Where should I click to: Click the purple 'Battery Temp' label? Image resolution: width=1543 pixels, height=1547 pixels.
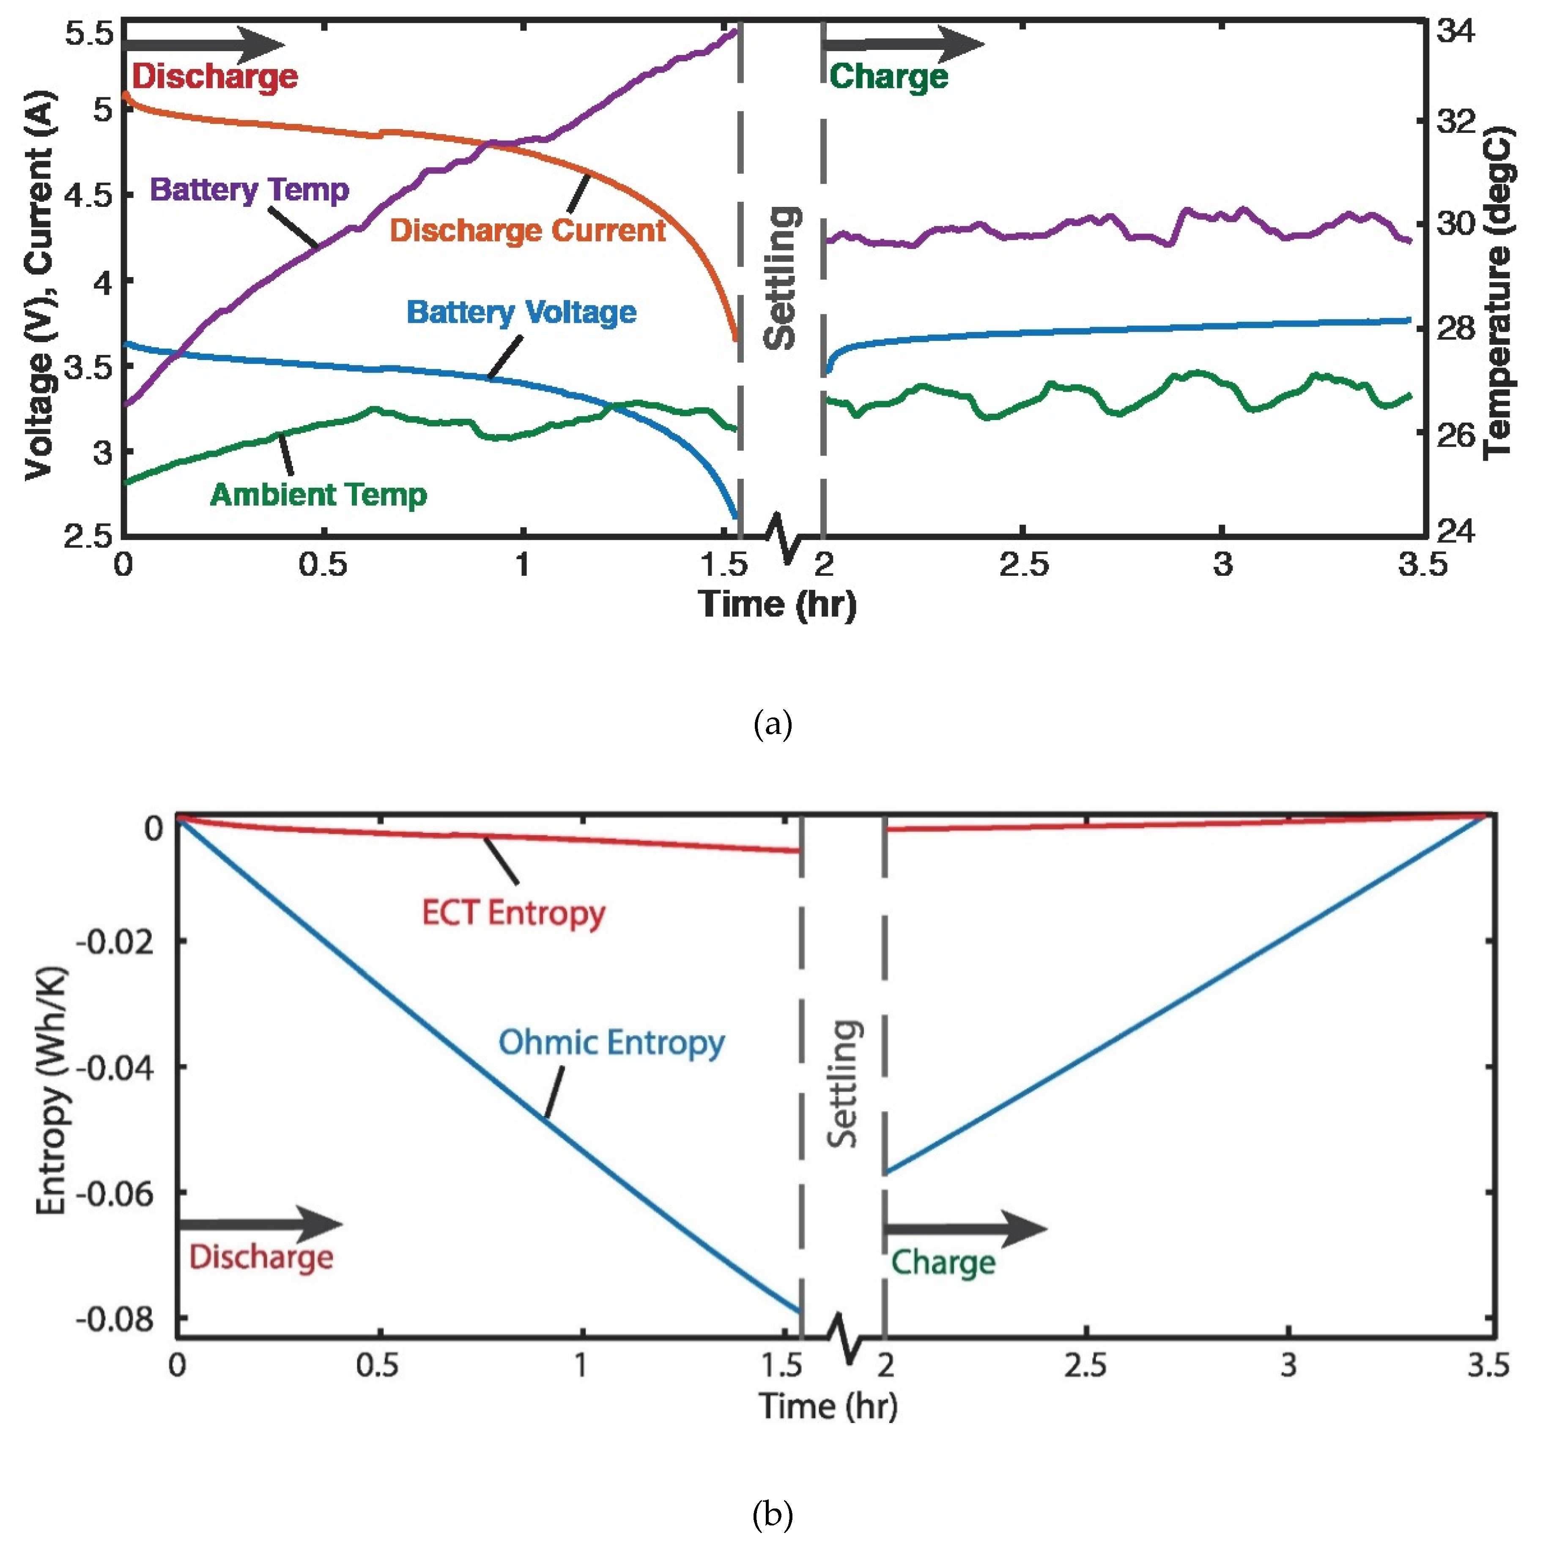250,190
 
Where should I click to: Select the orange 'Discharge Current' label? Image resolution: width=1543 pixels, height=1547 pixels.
527,231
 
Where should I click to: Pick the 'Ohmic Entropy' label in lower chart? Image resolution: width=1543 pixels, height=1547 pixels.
611,1042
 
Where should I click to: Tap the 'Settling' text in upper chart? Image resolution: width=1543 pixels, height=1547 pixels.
780,278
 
